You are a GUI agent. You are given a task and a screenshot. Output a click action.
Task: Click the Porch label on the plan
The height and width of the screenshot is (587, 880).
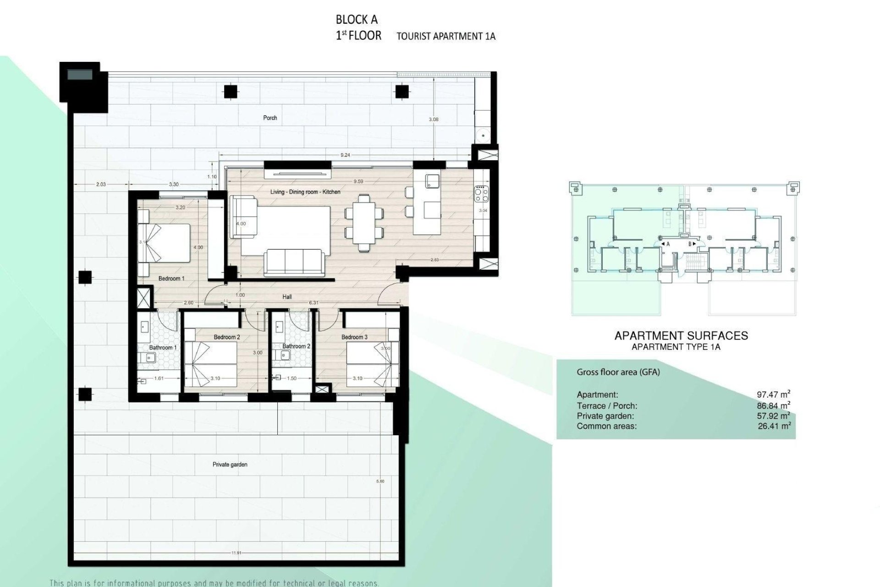270,118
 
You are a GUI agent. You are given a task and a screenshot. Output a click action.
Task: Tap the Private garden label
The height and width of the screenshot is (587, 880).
230,465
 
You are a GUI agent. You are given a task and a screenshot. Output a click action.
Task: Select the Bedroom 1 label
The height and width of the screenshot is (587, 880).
171,278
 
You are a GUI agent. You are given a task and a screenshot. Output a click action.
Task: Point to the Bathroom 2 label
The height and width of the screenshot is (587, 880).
296,346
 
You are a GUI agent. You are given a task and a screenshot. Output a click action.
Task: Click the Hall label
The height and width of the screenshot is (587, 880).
287,297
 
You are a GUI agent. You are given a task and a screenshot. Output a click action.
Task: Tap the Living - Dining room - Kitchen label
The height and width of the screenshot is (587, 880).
305,192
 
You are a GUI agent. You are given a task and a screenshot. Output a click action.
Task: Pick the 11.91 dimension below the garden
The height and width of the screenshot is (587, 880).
236,553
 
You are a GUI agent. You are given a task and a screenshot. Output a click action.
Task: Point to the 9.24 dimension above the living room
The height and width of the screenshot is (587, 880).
345,155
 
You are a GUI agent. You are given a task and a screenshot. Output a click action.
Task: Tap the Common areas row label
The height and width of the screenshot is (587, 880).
606,426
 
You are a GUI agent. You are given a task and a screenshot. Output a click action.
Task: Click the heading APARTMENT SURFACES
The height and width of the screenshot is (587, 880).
681,336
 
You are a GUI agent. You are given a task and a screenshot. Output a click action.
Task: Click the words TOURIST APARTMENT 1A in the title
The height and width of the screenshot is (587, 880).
445,36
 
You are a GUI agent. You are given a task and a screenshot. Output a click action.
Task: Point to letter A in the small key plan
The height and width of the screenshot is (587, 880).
668,244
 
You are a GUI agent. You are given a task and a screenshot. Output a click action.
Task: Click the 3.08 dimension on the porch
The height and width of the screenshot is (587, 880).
433,119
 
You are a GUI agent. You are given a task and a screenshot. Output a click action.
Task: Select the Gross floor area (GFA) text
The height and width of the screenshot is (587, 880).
618,372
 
